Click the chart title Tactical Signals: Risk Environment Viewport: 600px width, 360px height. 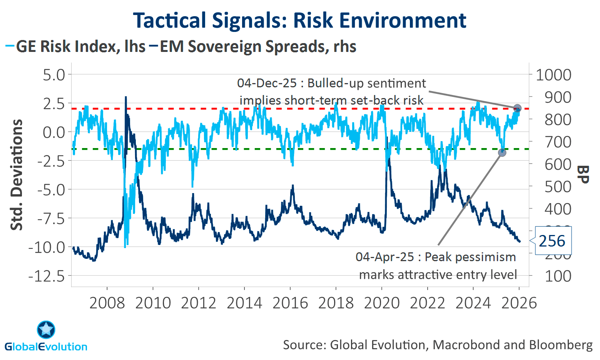pyautogui.click(x=299, y=20)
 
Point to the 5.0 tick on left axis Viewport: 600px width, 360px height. pyautogui.click(x=54, y=75)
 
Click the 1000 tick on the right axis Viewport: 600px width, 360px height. pyautogui.click(x=553, y=75)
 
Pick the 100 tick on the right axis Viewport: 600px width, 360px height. pyautogui.click(x=558, y=276)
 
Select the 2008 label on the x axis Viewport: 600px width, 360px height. pyautogui.click(x=107, y=303)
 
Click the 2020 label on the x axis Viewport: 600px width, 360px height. pyautogui.click(x=382, y=303)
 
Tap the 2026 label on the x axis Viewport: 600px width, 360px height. pyautogui.click(x=519, y=303)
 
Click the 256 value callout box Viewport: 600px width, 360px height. pyautogui.click(x=552, y=241)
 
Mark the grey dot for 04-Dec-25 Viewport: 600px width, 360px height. pyautogui.click(x=517, y=108)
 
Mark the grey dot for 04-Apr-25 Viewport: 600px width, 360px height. pyautogui.click(x=502, y=153)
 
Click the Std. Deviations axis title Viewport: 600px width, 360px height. pyautogui.click(x=16, y=175)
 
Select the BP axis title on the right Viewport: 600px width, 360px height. pyautogui.click(x=583, y=175)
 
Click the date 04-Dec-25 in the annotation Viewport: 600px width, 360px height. pyautogui.click(x=267, y=83)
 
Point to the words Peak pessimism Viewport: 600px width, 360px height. pyautogui.click(x=470, y=257)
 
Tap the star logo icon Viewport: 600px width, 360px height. pyautogui.click(x=46, y=330)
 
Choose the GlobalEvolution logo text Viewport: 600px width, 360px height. pyautogui.click(x=46, y=347)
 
